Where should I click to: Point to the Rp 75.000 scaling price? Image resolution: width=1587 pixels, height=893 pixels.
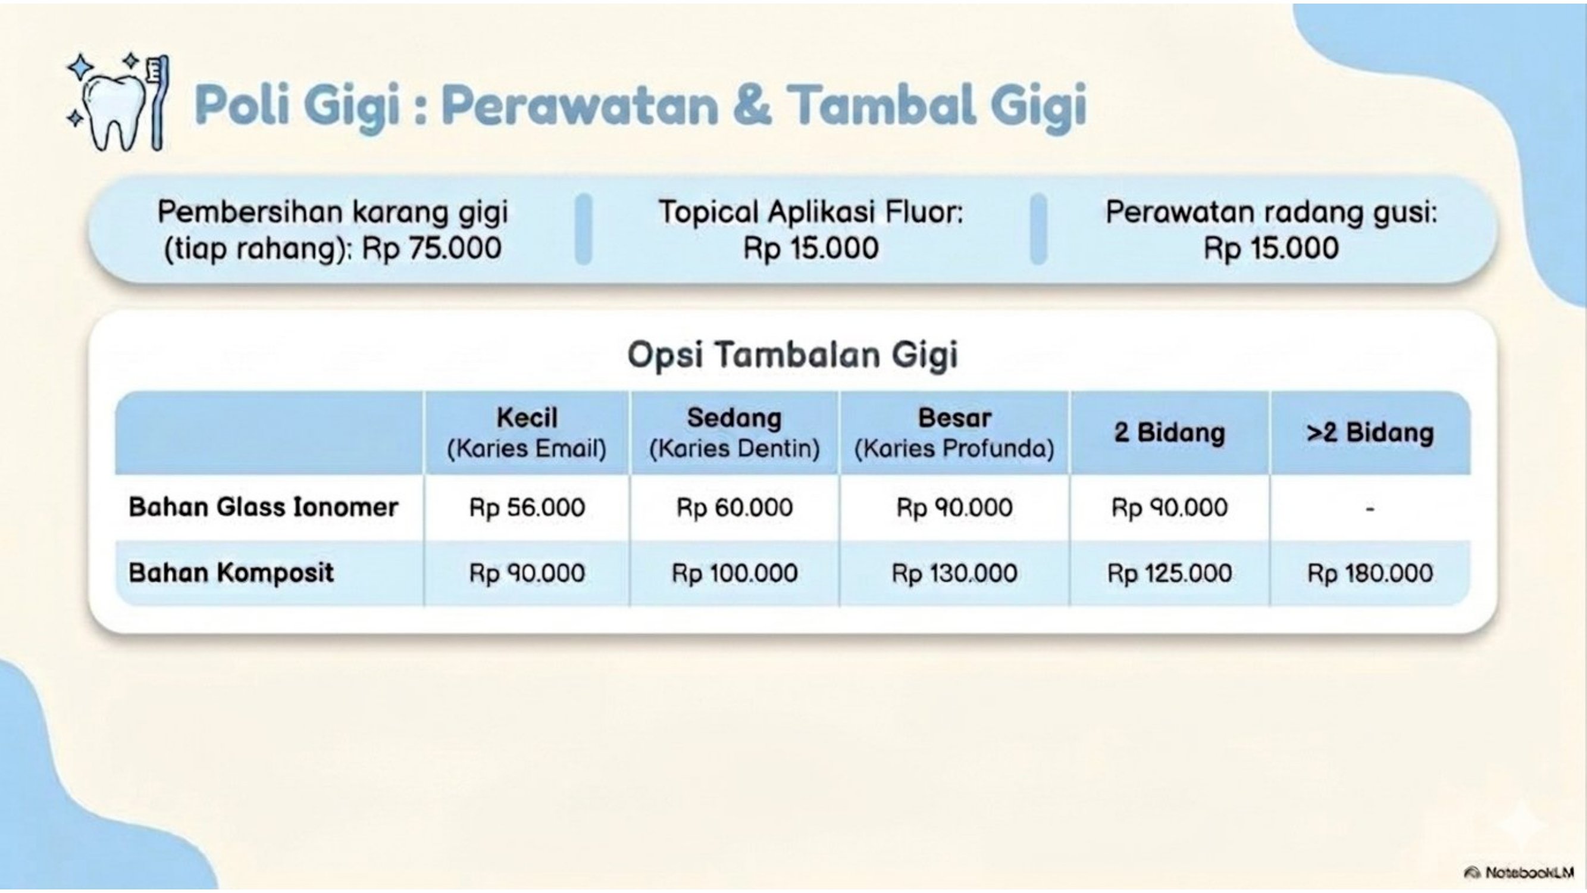tap(431, 249)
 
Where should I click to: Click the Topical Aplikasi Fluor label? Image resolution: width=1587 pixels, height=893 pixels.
tap(810, 212)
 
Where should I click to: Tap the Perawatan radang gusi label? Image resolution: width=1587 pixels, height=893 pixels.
tap(1271, 212)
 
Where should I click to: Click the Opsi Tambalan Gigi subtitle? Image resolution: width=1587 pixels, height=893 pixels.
tap(793, 355)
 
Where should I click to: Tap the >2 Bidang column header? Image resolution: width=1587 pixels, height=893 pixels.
tap(1370, 433)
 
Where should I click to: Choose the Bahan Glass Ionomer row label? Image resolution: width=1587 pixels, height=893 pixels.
tap(264, 507)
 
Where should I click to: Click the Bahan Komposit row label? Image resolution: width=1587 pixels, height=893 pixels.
tap(231, 573)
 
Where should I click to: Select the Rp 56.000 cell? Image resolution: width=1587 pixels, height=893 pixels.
tap(527, 508)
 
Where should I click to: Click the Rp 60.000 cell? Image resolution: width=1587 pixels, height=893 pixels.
tap(734, 508)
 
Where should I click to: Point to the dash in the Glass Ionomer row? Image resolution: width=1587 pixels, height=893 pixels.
tap(1370, 509)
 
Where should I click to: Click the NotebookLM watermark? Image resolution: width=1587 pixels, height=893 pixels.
tap(1519, 873)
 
